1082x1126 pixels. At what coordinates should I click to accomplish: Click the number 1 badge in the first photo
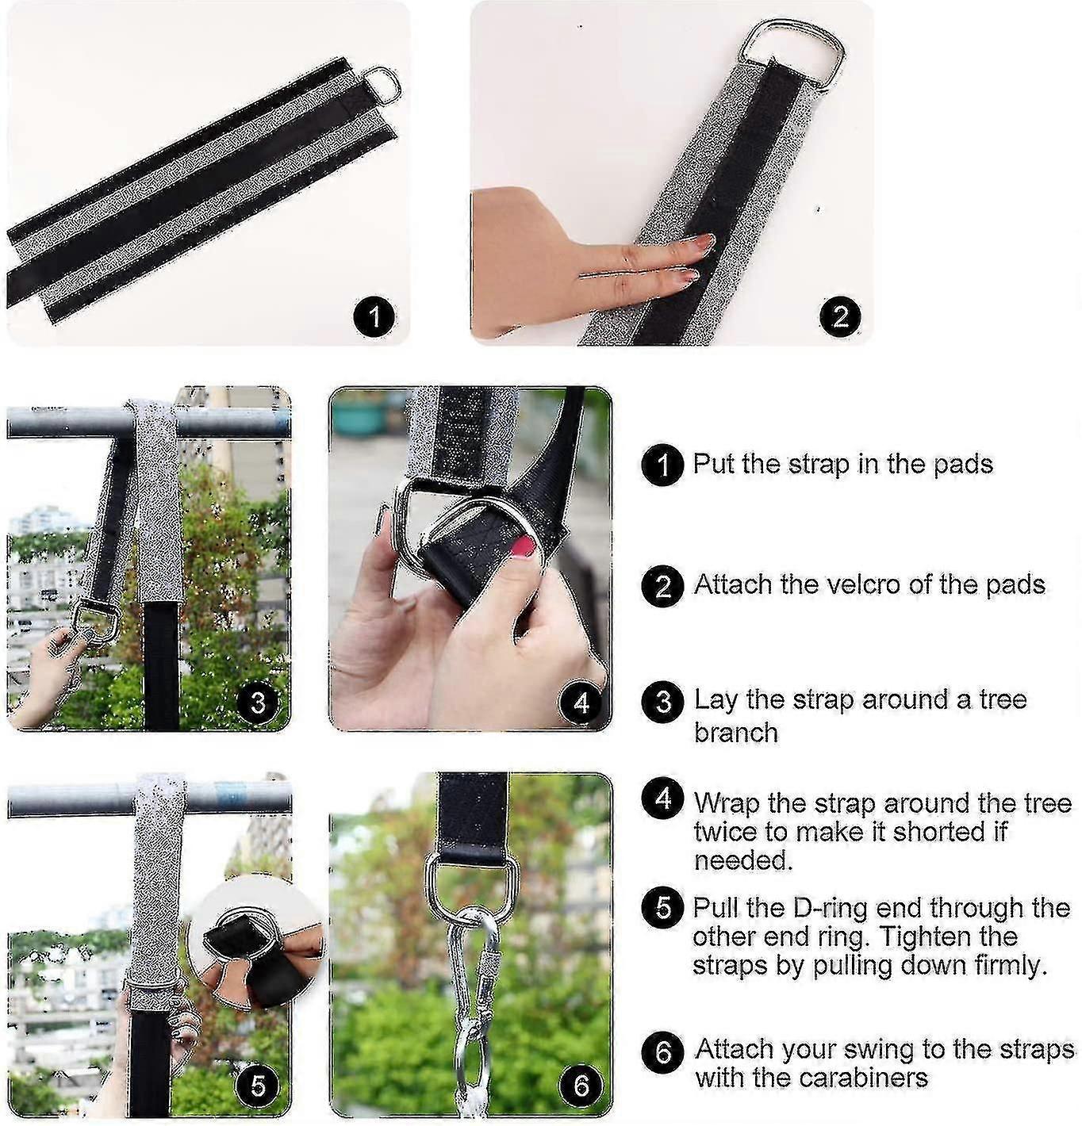click(374, 318)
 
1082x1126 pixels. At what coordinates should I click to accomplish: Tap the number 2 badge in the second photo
click(840, 317)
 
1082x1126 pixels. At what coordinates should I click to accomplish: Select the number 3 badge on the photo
click(258, 703)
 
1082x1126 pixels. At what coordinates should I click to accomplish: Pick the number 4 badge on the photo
click(581, 703)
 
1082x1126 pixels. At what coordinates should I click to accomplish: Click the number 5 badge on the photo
click(258, 1086)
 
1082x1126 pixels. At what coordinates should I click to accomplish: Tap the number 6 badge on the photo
click(581, 1086)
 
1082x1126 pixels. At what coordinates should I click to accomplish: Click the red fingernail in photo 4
click(524, 546)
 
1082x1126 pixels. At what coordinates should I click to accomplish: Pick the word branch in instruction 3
click(735, 732)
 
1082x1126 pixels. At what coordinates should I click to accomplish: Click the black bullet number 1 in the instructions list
click(662, 465)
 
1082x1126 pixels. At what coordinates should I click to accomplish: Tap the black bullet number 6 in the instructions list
click(662, 1052)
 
